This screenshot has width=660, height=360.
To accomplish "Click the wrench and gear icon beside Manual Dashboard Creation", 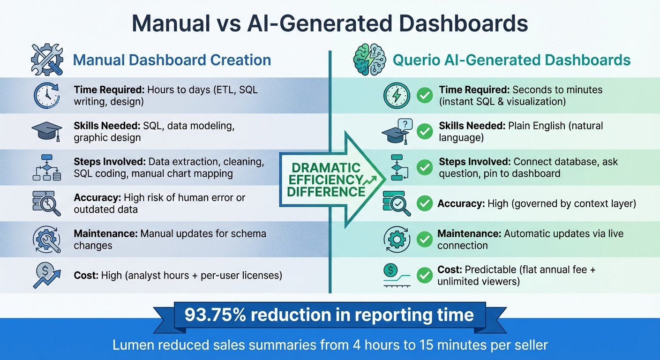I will click(x=46, y=60).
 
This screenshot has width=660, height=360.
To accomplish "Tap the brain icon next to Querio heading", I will click(x=369, y=60).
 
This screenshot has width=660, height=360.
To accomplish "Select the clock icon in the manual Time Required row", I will click(x=46, y=96).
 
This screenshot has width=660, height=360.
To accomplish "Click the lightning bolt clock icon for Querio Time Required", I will click(x=397, y=96).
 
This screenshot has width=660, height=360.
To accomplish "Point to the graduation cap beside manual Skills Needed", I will click(x=46, y=132).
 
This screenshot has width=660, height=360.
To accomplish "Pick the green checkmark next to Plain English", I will click(x=425, y=132).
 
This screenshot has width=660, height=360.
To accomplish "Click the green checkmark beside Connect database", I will click(x=425, y=167).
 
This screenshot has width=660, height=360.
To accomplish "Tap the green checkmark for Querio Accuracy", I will click(x=425, y=203).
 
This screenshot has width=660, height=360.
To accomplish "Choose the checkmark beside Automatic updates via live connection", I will click(x=425, y=239).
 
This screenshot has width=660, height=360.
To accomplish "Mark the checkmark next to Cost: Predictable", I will click(x=425, y=275).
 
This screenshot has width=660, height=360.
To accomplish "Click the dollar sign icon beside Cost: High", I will click(x=46, y=275).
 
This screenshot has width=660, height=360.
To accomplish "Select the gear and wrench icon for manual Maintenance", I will click(x=46, y=239).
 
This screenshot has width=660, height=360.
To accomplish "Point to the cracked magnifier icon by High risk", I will click(x=46, y=203).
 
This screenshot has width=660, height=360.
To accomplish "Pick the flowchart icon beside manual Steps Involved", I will click(x=46, y=167).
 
